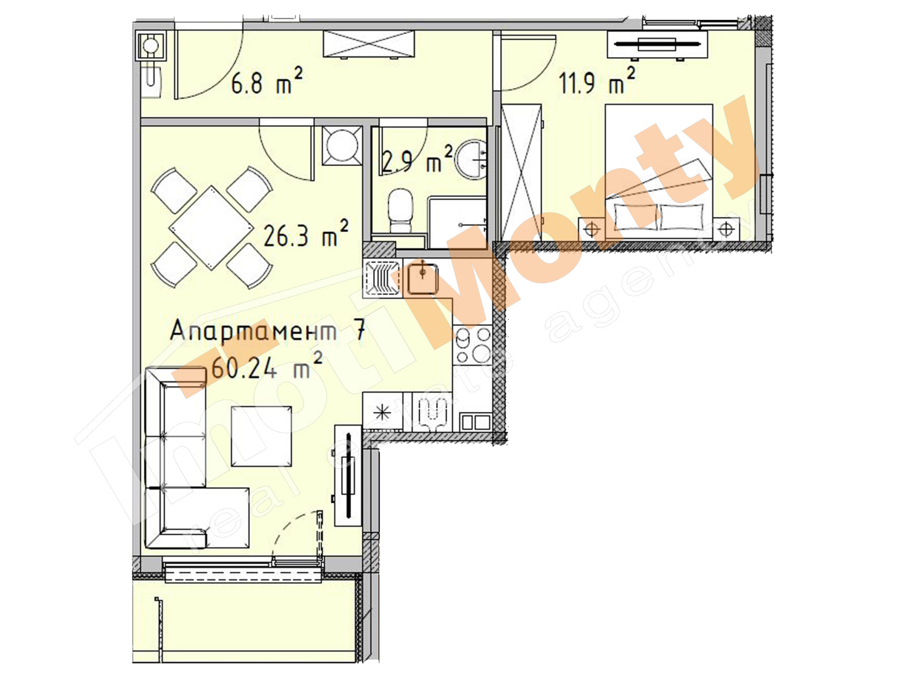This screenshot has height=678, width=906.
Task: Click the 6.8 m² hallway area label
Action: pos(266,83)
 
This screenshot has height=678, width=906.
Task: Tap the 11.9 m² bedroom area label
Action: pos(596,82)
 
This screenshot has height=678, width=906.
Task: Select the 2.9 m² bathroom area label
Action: pos(417,160)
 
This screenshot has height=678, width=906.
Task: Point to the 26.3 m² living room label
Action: pos(305,234)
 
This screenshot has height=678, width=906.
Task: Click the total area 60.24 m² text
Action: pos(266,368)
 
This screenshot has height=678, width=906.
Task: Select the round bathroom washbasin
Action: pos(471,157)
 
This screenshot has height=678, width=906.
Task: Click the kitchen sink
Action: pos(422,278)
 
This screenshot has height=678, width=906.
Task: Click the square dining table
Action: pos(211,227)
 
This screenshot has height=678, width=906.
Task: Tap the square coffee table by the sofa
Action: pos(261,436)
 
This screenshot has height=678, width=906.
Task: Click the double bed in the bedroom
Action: pos(659,170)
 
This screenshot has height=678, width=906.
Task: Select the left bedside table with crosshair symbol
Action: pos(591,229)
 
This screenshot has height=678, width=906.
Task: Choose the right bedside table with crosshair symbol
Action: pos(726,229)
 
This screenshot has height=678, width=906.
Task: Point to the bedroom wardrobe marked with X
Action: pos(522,173)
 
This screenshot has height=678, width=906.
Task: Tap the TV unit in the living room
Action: pos(348,475)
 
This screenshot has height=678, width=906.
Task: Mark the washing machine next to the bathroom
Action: pos(342,145)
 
